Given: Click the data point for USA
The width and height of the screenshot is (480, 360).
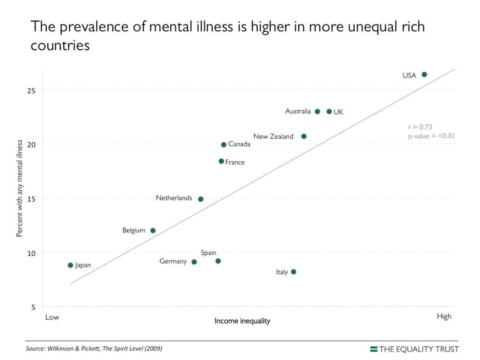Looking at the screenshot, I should tap(424, 74).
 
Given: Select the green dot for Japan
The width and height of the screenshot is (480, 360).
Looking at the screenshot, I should tap(70, 265).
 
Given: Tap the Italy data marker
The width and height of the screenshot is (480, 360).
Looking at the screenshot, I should tap(294, 272).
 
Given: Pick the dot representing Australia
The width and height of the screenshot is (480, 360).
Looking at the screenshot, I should tap(317, 112).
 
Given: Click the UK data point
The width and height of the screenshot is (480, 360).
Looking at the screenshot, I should tap(329, 112).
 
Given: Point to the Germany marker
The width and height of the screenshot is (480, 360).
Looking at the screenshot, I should tap(194, 262).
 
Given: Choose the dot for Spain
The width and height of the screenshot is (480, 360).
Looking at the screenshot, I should tap(218, 261).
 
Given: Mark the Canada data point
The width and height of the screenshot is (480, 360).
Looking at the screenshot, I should tap(223, 145).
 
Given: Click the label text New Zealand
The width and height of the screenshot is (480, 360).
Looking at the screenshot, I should tap(273, 136).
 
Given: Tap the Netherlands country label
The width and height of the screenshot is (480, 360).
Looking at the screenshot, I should tap(174, 198).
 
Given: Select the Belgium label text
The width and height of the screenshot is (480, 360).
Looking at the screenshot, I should tap(134, 230).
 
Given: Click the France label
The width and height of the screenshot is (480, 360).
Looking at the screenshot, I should tap(235, 162).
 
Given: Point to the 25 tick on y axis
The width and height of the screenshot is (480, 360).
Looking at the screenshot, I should tap(31, 91).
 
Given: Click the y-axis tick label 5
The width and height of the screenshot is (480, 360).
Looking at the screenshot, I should tap(33, 307).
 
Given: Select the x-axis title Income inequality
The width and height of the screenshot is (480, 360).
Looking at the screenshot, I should tap(242, 321).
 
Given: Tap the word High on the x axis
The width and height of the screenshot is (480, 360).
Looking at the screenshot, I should tap(444, 316).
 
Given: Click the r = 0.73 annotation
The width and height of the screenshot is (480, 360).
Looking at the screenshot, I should tap(420, 127).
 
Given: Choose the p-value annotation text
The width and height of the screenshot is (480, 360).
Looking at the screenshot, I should tap(431, 136).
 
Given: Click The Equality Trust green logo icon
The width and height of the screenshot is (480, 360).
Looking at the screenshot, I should tap(374, 349).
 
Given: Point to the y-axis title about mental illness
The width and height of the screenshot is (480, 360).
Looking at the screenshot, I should tap(19, 188).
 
